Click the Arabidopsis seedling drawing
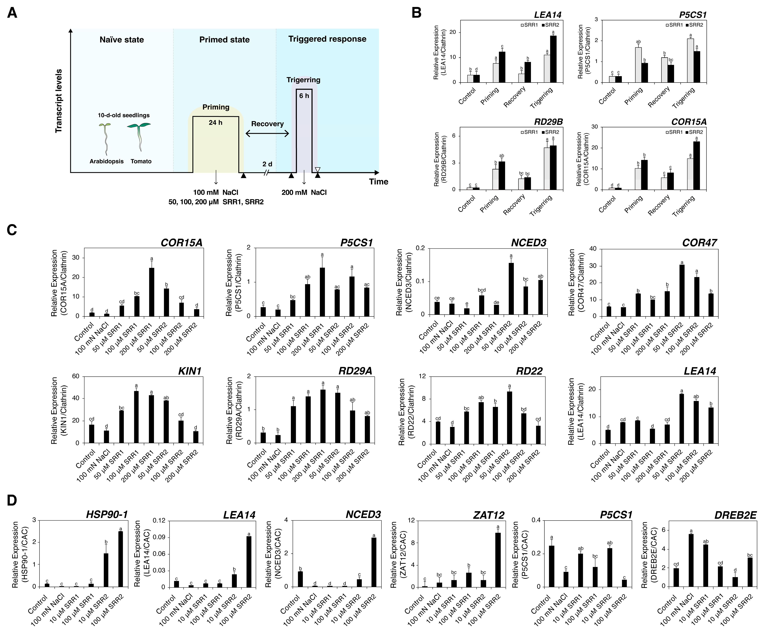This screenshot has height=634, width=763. (x=105, y=138)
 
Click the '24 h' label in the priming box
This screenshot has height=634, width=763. (x=215, y=123)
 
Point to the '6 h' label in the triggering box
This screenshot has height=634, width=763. (x=304, y=96)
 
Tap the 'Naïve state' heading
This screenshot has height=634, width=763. (x=122, y=40)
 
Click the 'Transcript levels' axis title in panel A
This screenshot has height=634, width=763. (x=58, y=101)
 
